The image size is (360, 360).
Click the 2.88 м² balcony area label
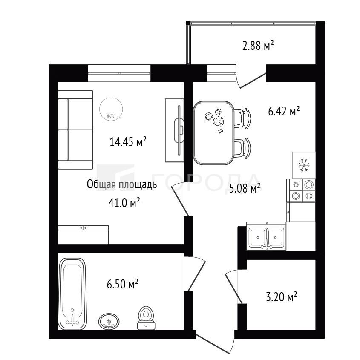point(258,46)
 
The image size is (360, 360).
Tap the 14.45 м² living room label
point(128,142)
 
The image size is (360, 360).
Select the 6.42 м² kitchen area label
point(284,111)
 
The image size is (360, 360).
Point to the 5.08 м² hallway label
point(245,188)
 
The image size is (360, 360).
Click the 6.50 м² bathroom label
point(122,284)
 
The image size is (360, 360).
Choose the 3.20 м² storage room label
point(282,297)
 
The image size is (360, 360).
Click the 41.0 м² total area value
point(124,203)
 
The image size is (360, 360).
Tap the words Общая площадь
point(122,184)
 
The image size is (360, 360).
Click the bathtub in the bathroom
point(72,294)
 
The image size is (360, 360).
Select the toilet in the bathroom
point(146,318)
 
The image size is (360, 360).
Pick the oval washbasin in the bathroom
point(109,321)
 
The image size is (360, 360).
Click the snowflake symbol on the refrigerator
point(304,165)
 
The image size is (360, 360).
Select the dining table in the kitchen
point(213,133)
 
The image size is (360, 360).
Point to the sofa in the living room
point(75,130)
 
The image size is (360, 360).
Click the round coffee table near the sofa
point(111,109)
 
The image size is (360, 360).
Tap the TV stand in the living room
point(174,130)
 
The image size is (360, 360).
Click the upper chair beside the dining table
point(242,118)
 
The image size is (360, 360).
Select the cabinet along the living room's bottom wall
point(83,235)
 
